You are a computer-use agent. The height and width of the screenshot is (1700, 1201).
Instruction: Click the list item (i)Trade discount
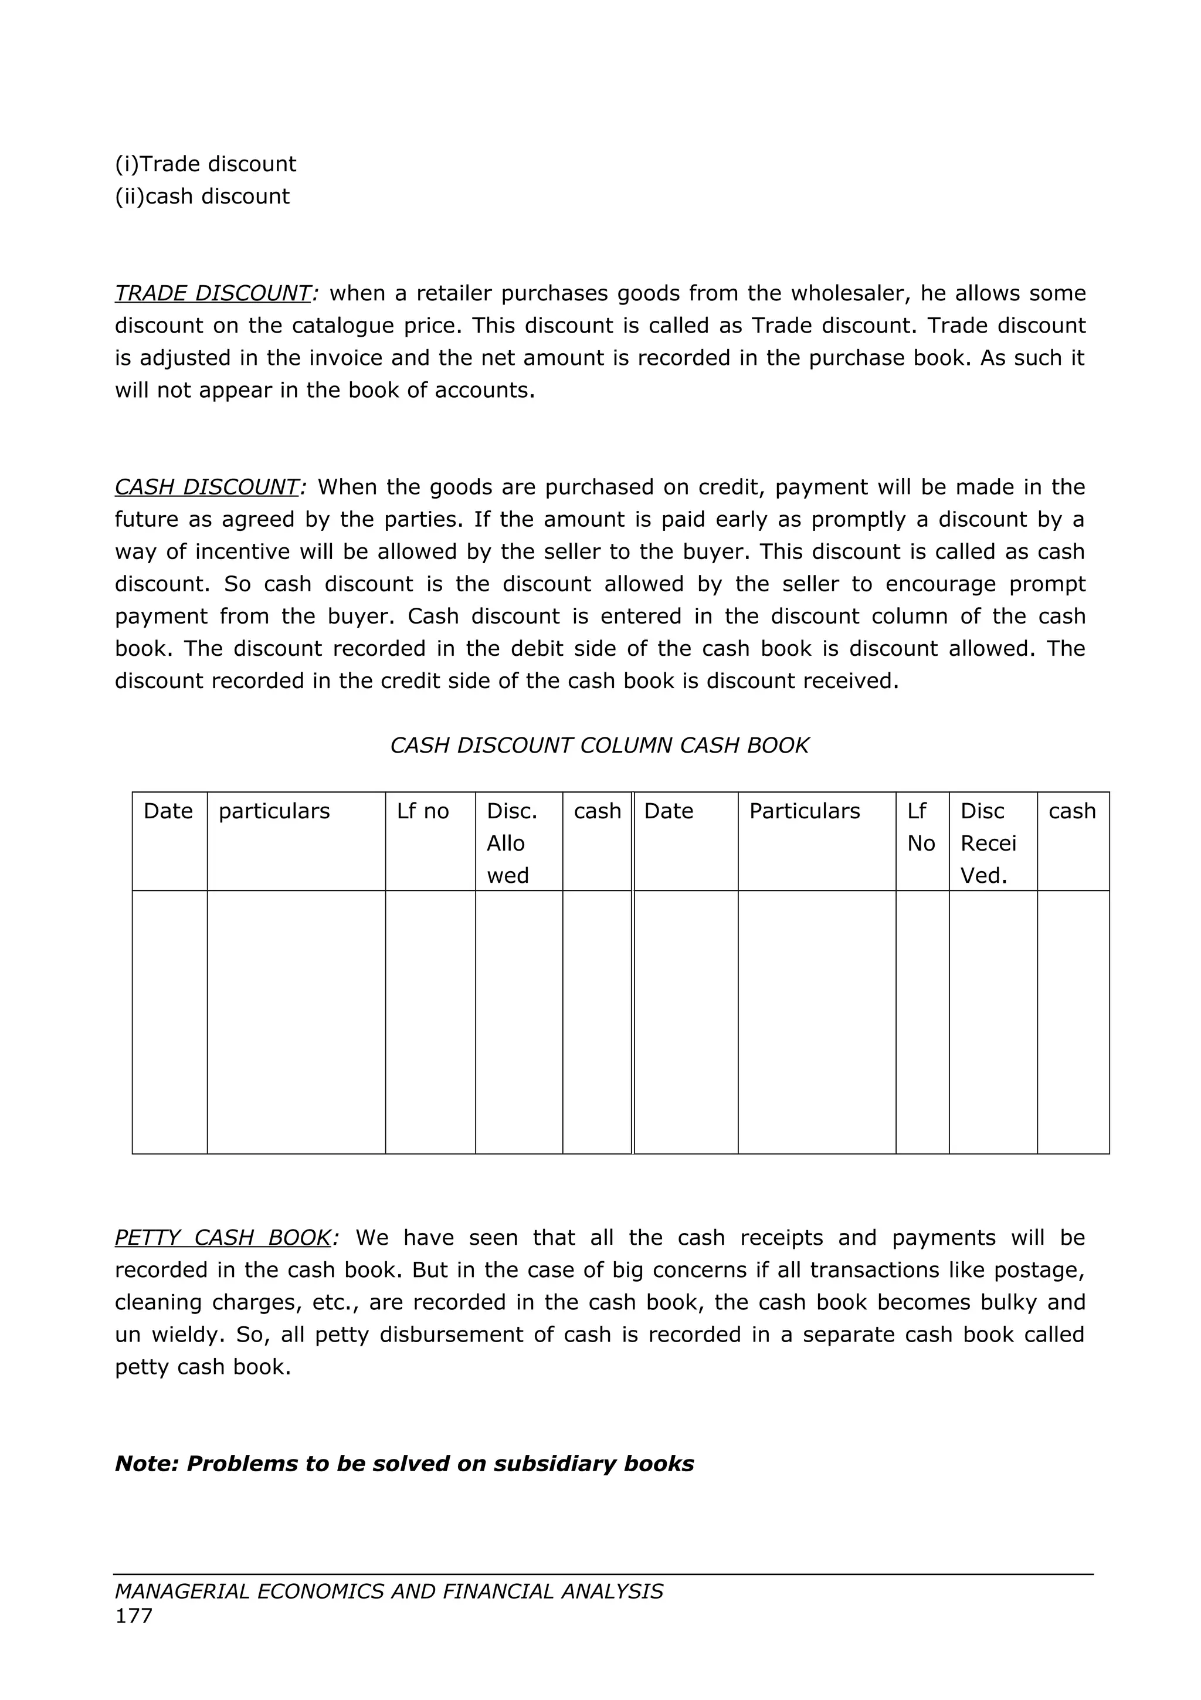205,164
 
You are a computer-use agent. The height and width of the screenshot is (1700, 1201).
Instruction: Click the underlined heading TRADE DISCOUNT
212,293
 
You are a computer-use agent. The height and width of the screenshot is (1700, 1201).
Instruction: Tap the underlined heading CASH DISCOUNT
206,487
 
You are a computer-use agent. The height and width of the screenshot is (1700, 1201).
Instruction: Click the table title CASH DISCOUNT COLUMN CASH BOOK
599,745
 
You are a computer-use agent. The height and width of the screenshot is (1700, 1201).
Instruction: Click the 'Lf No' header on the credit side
921,827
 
